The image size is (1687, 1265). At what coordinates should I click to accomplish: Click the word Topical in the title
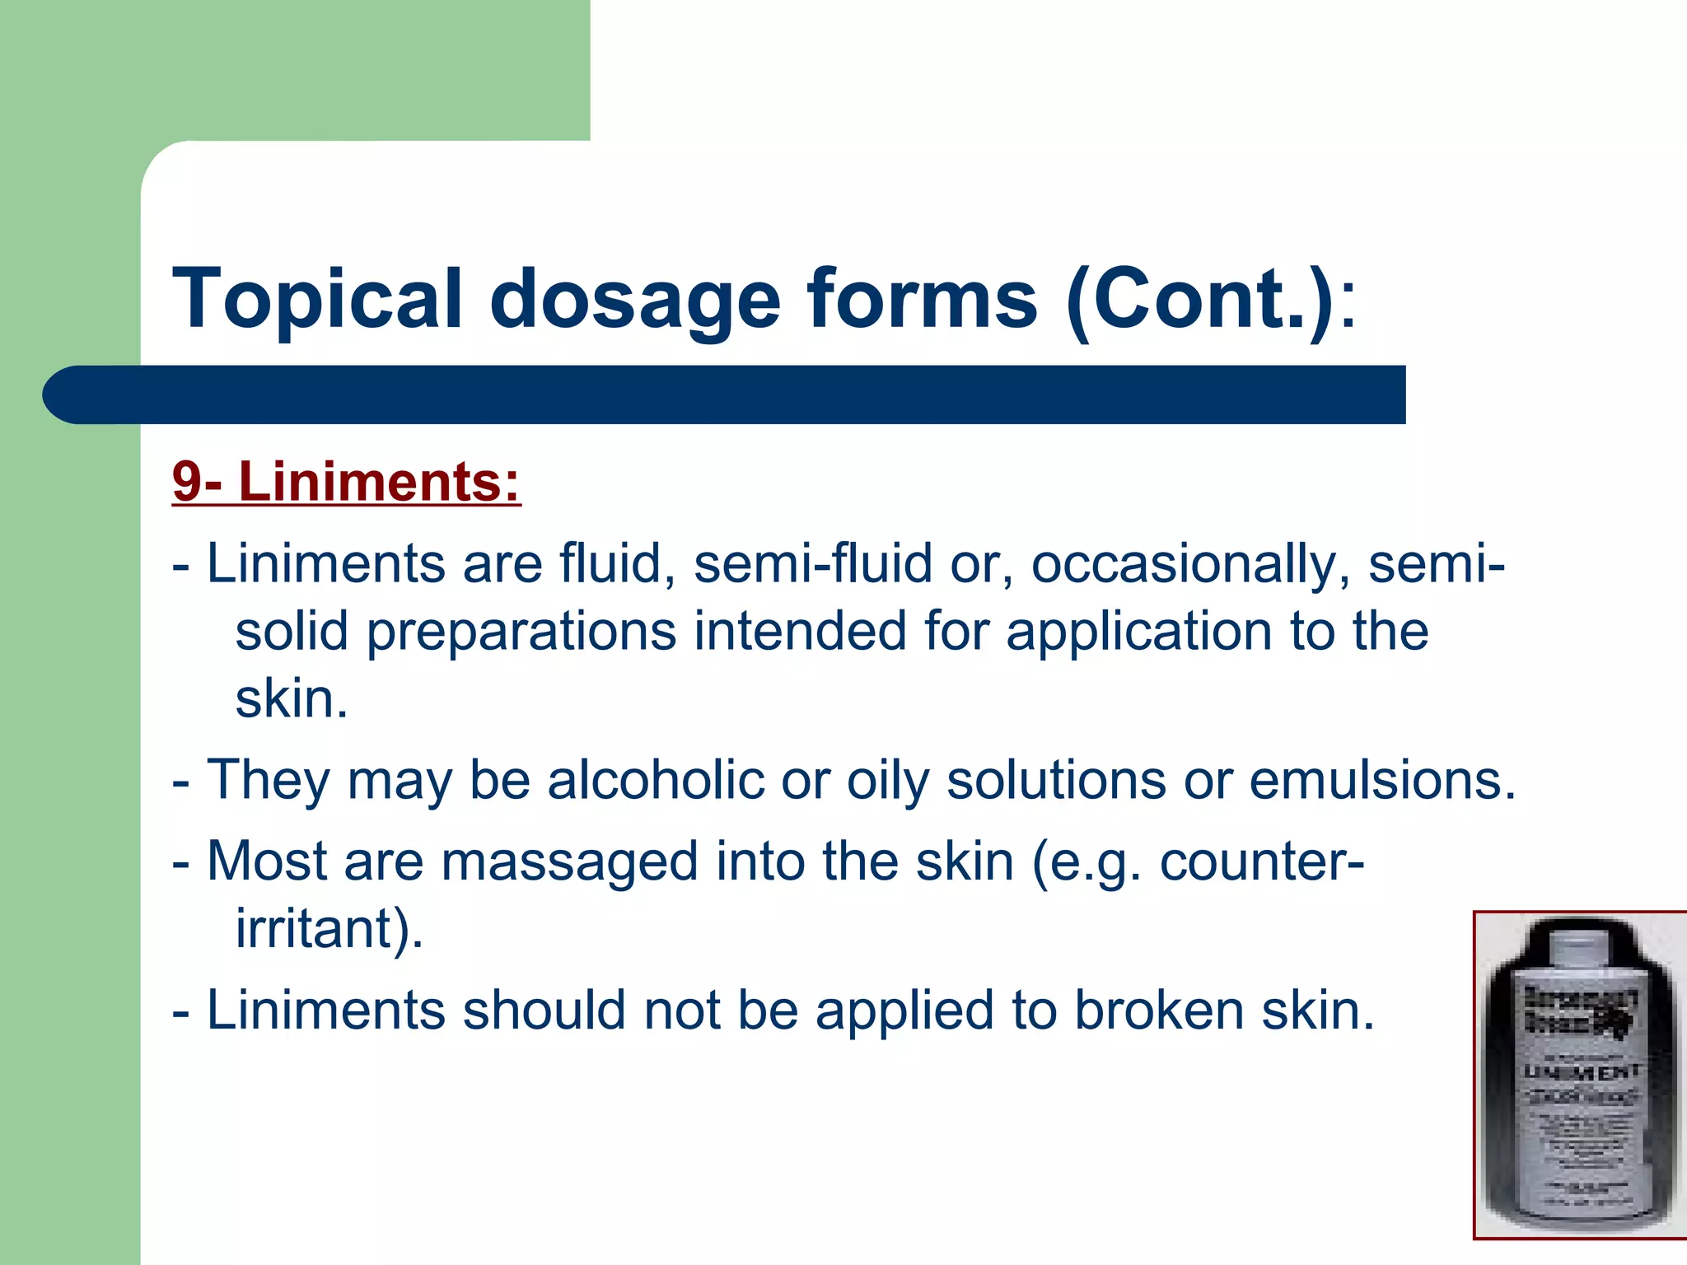coord(317,300)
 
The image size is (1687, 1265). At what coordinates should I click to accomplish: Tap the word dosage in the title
coord(634,300)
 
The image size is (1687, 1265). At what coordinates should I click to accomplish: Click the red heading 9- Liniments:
coord(347,481)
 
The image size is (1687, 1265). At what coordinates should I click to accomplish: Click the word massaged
coord(569,861)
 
